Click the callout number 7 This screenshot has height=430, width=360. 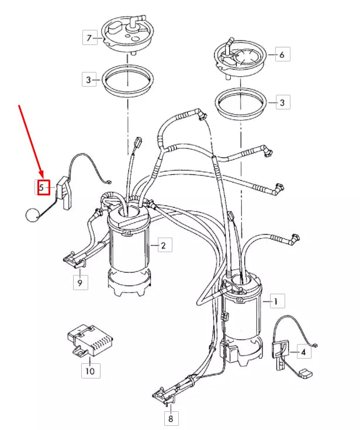89,39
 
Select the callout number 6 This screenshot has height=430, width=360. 281,55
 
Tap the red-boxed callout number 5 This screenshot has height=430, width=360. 42,187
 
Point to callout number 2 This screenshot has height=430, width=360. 163,245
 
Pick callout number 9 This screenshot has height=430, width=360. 80,283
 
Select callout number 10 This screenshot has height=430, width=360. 90,370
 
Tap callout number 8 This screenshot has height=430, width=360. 170,418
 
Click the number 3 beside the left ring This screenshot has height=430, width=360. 89,80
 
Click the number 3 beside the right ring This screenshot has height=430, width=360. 282,103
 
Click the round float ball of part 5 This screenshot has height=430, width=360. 32,215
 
